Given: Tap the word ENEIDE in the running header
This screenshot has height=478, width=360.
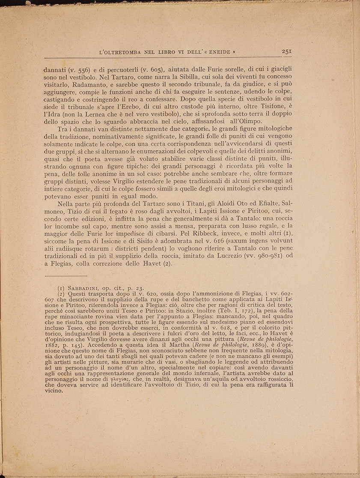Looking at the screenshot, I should click(x=219, y=52).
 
